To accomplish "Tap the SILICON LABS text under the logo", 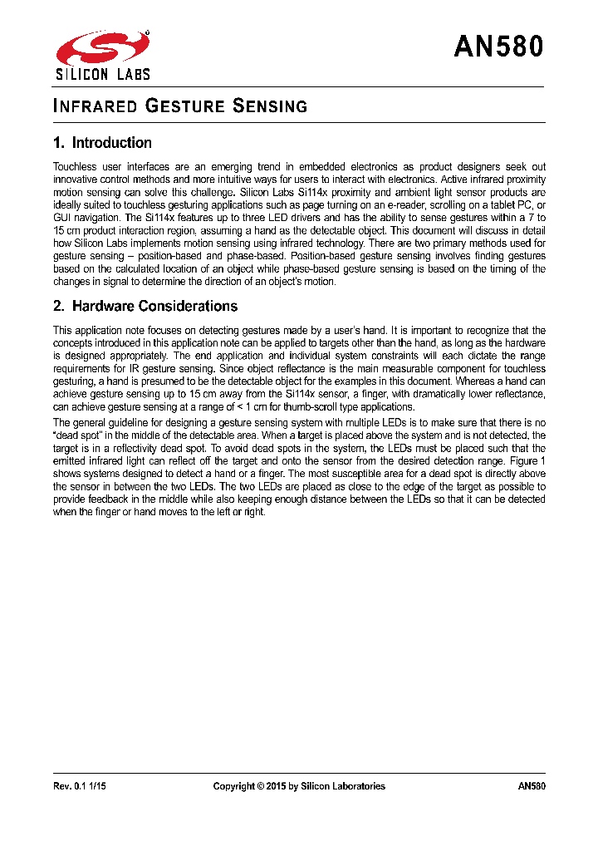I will pyautogui.click(x=103, y=74).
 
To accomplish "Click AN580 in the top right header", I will pyautogui.click(x=498, y=47).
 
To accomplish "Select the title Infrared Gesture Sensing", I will pyautogui.click(x=180, y=106).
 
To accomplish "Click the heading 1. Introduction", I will pyautogui.click(x=102, y=143).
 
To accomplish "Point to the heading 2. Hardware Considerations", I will pyautogui.click(x=145, y=306).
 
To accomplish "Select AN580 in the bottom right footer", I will pyautogui.click(x=531, y=786).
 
